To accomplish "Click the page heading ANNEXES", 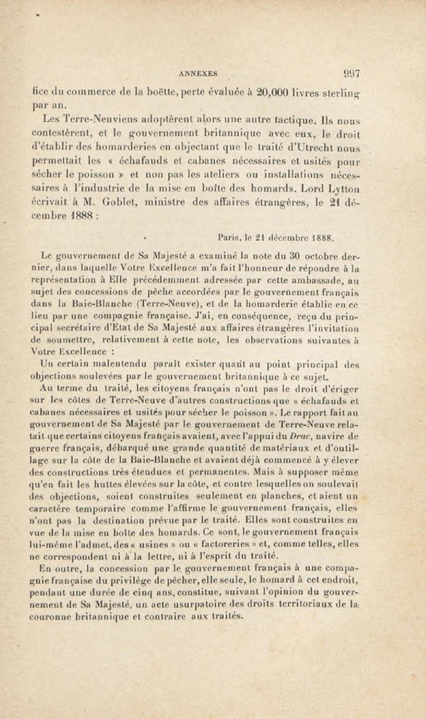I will point(198,74).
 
